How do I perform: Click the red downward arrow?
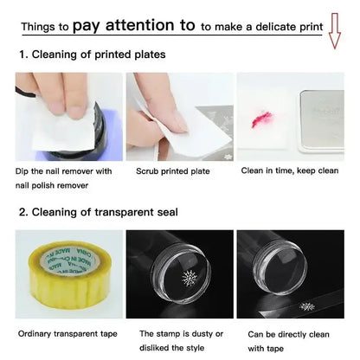coord(335,30)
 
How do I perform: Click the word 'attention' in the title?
coord(140,25)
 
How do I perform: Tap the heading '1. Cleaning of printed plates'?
coord(93,55)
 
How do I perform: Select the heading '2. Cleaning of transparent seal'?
coord(99,212)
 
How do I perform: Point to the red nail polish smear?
coord(262,119)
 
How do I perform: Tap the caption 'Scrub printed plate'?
coord(173,171)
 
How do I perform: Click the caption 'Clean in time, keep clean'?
coord(290,170)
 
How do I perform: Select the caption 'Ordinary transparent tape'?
coord(67,334)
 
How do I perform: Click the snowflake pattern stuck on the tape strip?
coord(307,306)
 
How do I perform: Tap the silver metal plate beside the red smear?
coord(321,120)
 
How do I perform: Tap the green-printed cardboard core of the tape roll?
coord(69,260)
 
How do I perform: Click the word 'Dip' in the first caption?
coord(22,171)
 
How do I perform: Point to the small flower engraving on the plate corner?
coord(226,157)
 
